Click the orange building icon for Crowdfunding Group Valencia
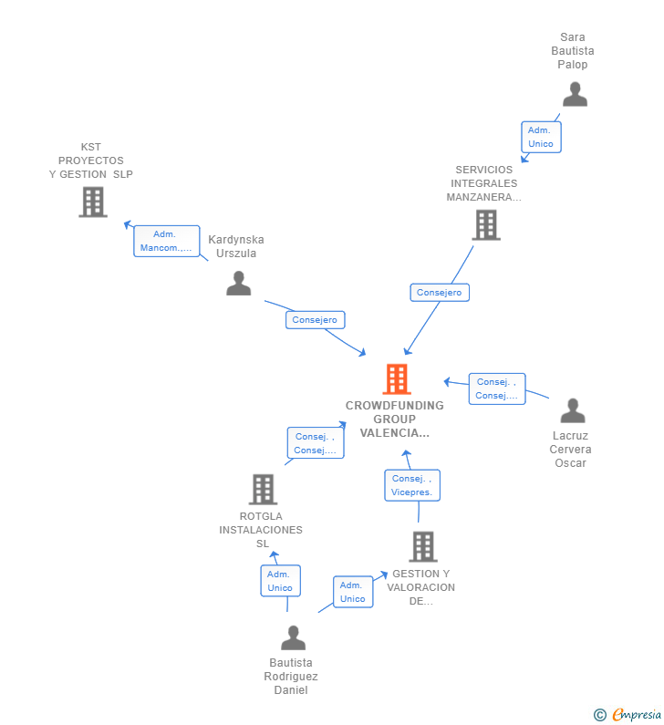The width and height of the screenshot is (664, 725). [x=396, y=378]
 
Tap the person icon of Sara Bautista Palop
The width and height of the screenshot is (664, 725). [x=575, y=94]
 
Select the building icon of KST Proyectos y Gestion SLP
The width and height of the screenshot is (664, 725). [x=93, y=202]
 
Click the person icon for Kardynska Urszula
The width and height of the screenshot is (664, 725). [x=238, y=284]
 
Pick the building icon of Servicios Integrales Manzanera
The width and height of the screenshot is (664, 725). [x=486, y=224]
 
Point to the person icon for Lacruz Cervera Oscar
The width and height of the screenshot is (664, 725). [x=573, y=411]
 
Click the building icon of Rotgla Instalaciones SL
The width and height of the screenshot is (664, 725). [x=263, y=490]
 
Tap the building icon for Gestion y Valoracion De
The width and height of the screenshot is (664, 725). [x=422, y=546]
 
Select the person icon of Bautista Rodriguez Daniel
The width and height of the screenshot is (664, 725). [x=293, y=637]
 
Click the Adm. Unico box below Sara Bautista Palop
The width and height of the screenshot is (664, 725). [x=540, y=137]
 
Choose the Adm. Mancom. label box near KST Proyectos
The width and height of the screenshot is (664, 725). [x=166, y=241]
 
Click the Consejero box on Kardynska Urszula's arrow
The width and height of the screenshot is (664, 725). [x=316, y=319]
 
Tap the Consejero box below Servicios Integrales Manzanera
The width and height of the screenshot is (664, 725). [x=440, y=292]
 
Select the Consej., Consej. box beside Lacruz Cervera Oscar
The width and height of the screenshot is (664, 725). [x=497, y=388]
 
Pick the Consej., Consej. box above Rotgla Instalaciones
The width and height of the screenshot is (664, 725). [x=316, y=443]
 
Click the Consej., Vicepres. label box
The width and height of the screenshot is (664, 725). [x=412, y=485]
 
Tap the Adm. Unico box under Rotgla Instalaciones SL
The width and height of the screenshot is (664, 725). [x=280, y=581]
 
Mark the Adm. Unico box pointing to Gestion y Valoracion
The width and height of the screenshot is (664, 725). [x=353, y=592]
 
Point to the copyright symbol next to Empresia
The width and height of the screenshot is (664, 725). [x=599, y=715]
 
